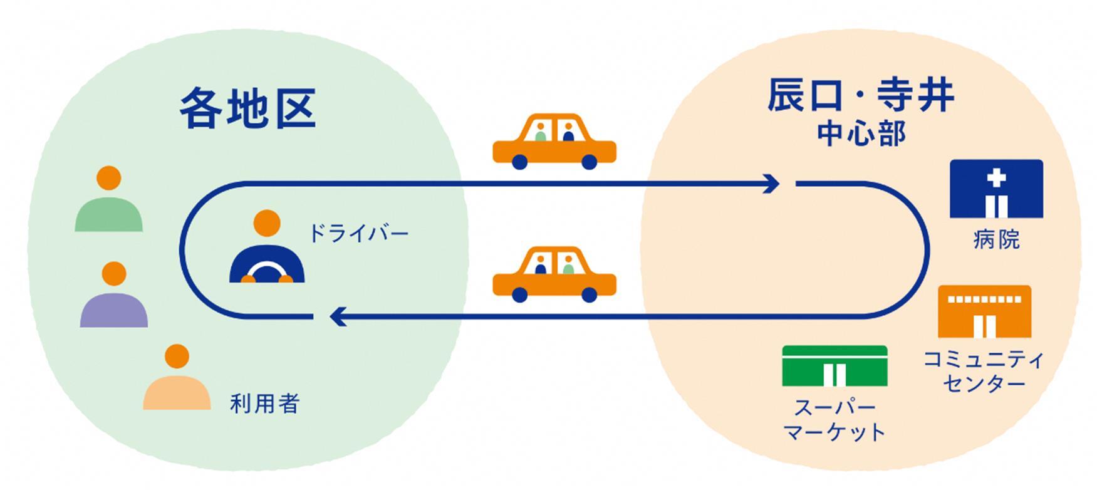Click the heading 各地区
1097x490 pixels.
pyautogui.click(x=248, y=108)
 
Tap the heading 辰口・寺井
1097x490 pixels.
pyautogui.click(x=861, y=96)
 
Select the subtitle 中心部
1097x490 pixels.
pyautogui.click(x=861, y=134)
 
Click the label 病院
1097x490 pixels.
pyautogui.click(x=996, y=239)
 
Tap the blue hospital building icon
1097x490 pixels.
pyautogui.click(x=996, y=189)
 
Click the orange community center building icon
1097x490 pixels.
pyautogui.click(x=984, y=311)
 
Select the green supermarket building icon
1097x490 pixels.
pyautogui.click(x=834, y=366)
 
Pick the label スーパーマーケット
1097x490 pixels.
pyautogui.click(x=834, y=420)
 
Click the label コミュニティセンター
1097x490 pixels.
pyautogui.click(x=984, y=371)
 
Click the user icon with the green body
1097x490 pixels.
pyautogui.click(x=109, y=201)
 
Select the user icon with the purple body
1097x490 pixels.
pyautogui.click(x=114, y=296)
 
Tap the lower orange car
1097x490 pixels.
pyautogui.click(x=554, y=277)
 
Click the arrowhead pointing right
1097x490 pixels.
pyautogui.click(x=772, y=184)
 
